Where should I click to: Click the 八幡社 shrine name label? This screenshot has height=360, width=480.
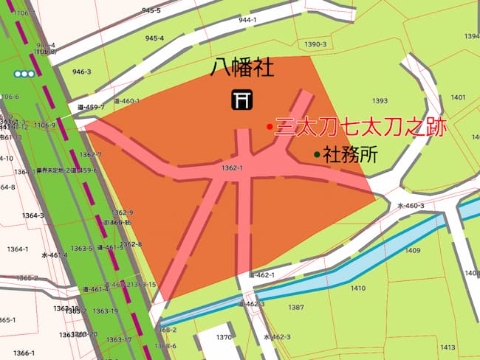coord(241,70)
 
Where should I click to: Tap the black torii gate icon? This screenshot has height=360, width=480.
coord(241,99)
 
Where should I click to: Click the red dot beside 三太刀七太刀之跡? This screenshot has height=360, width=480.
coord(270,127)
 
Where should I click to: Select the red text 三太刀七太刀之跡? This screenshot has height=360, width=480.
coord(361,127)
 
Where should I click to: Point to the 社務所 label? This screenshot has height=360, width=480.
coord(351,155)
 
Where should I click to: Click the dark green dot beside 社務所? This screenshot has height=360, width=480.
coord(317,155)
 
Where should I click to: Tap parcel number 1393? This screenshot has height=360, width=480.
coord(380,101)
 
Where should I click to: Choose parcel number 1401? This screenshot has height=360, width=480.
coord(458,97)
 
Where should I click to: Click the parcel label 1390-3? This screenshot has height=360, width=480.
coord(315,45)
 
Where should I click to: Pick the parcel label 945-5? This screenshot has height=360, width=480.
coord(151,11)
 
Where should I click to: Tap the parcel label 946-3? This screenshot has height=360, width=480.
coord(81,72)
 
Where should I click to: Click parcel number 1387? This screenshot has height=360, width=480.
coord(296,307)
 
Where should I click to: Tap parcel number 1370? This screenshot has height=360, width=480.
coord(224,337)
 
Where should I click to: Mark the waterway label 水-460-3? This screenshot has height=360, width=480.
coord(411,206)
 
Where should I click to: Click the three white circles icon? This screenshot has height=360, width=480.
coord(24,74)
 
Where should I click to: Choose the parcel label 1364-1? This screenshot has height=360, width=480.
coord(16,249)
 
